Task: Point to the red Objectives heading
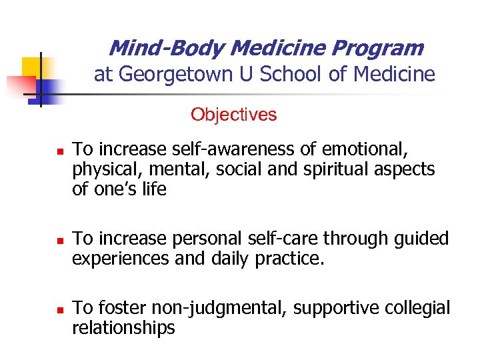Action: pyautogui.click(x=233, y=115)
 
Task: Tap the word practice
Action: pyautogui.click(x=289, y=258)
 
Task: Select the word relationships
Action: pyautogui.click(x=124, y=328)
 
